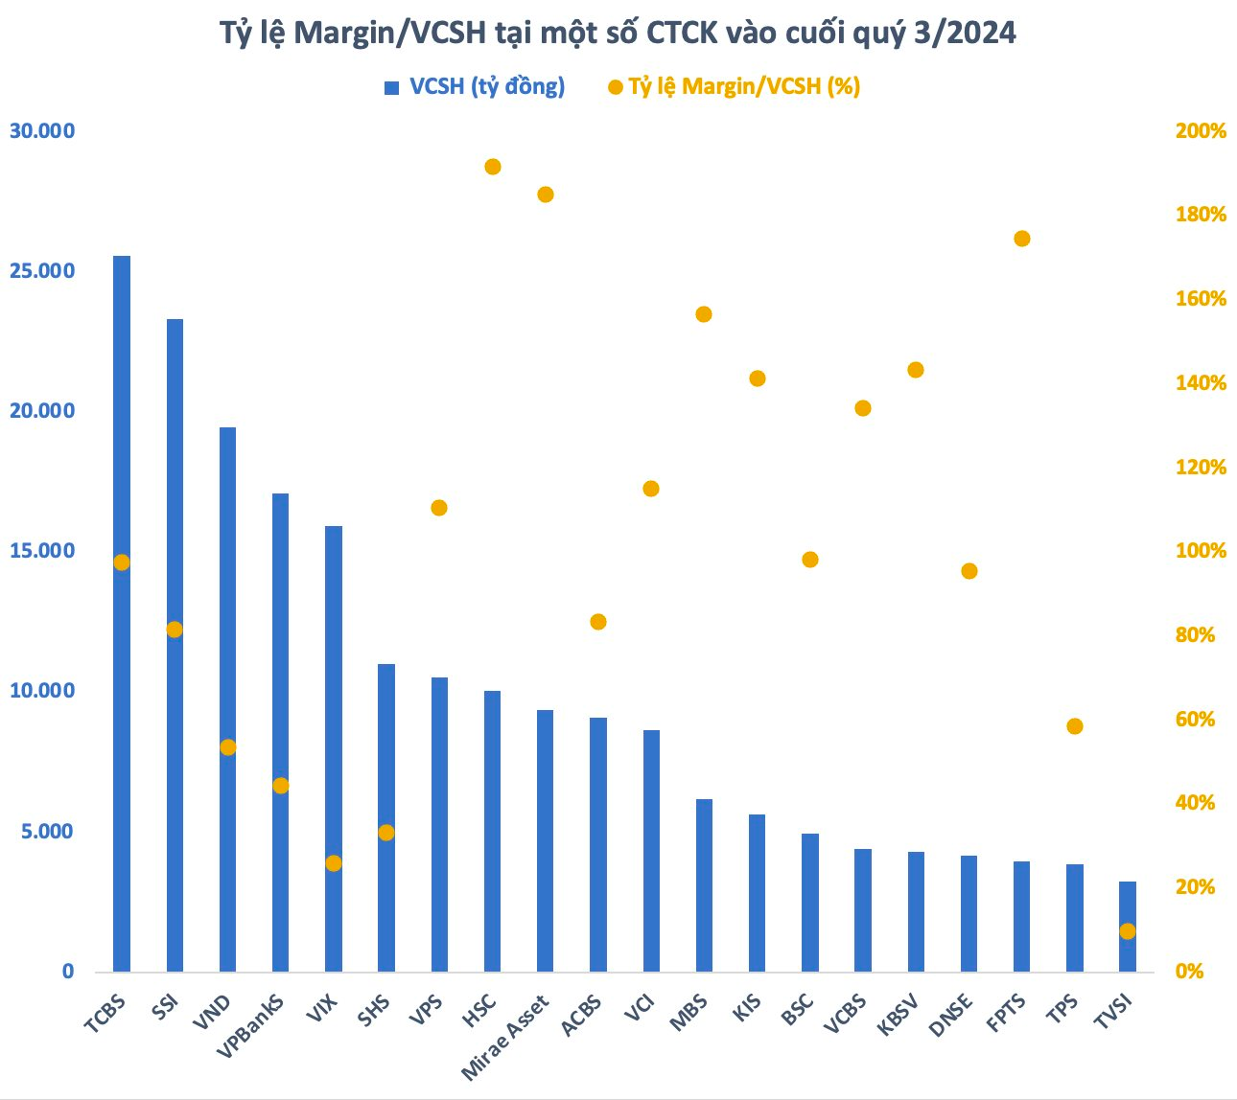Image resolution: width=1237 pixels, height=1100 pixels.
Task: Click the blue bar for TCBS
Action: [122, 613]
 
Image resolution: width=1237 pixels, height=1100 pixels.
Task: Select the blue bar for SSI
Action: [175, 645]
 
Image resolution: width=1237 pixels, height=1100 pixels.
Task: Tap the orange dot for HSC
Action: [493, 167]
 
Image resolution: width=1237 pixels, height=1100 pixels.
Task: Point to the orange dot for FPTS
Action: [1022, 239]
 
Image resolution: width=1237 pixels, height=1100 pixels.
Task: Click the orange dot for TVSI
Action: [1128, 931]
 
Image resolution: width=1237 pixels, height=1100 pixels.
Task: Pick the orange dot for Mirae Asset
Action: [546, 195]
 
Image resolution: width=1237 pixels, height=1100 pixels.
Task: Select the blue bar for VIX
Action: [334, 748]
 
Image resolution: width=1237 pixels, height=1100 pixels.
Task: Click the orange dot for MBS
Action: [704, 314]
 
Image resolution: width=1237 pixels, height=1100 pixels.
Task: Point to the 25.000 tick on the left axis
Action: [42, 270]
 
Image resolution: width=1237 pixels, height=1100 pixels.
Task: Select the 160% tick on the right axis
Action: [1201, 298]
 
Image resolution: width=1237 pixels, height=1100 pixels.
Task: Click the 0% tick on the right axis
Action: [1189, 972]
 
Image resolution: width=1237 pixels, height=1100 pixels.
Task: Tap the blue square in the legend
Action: [391, 88]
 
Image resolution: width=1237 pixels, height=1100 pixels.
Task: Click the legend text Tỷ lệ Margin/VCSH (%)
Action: [744, 86]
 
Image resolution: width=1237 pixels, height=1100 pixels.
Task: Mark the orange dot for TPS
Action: [1075, 726]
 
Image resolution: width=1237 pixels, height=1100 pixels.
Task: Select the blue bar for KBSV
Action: [916, 911]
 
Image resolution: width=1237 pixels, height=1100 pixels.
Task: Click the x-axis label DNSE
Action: [950, 1015]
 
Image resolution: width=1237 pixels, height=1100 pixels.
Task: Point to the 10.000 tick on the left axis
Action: [42, 691]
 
